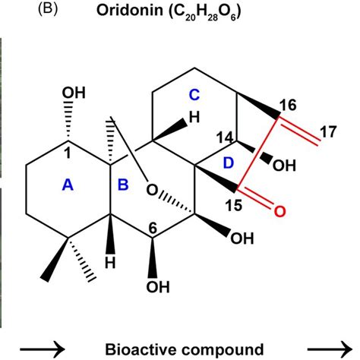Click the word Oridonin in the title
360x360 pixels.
tap(131, 13)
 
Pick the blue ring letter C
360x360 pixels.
tap(195, 94)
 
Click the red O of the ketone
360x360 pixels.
tap(279, 213)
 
